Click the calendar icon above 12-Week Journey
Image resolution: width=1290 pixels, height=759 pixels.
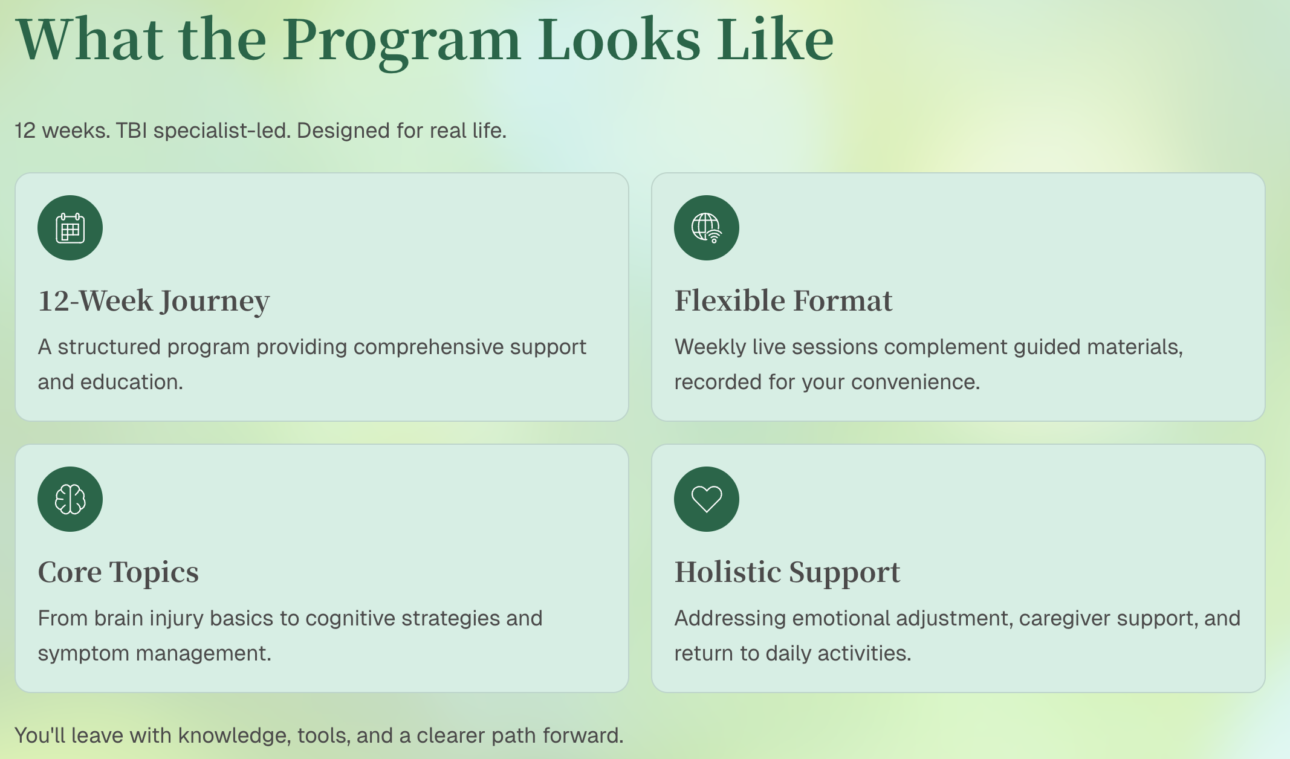point(70,228)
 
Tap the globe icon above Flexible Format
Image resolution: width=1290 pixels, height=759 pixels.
point(707,228)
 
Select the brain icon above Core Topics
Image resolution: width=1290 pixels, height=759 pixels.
point(70,499)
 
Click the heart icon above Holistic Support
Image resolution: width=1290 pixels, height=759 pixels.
point(707,499)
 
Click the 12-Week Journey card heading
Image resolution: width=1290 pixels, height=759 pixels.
point(154,301)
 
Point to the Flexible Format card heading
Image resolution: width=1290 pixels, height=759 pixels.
point(783,300)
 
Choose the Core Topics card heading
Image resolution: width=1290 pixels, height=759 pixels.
point(118,572)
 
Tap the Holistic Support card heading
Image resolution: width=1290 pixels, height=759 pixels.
point(787,572)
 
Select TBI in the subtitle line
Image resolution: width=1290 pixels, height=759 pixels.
point(131,131)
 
